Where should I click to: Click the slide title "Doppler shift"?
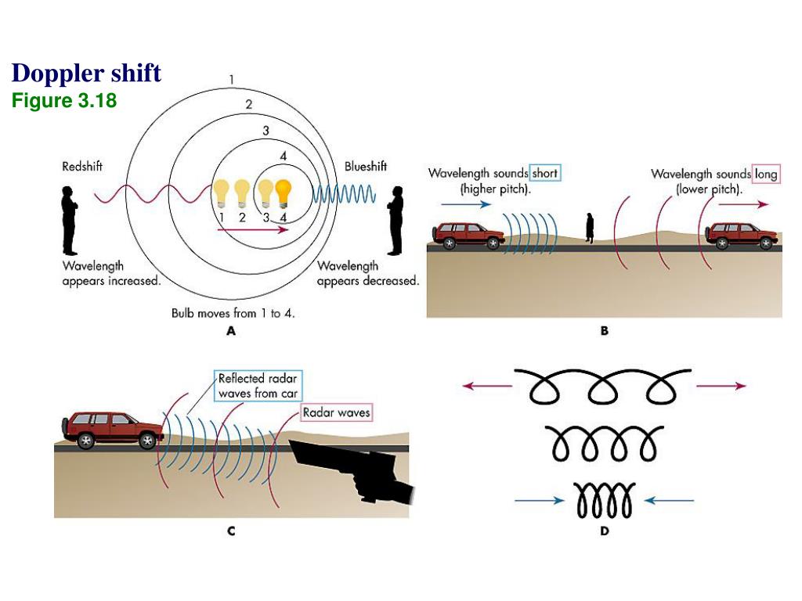pyautogui.click(x=86, y=74)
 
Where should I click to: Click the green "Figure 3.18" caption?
pyautogui.click(x=64, y=101)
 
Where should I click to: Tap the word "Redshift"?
pyautogui.click(x=82, y=167)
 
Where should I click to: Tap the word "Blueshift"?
pyautogui.click(x=366, y=167)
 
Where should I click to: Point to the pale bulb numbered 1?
pyautogui.click(x=222, y=193)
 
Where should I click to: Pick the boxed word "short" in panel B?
pyautogui.click(x=545, y=174)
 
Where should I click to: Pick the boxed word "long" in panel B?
pyautogui.click(x=765, y=174)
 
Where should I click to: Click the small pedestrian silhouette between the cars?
pyautogui.click(x=590, y=226)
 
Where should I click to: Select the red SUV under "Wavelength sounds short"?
pyautogui.click(x=468, y=234)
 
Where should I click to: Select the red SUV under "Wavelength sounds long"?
pyautogui.click(x=742, y=234)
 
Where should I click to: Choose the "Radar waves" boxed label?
pyautogui.click(x=337, y=412)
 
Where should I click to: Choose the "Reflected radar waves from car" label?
pyautogui.click(x=258, y=386)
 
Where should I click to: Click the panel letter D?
pyautogui.click(x=604, y=531)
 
